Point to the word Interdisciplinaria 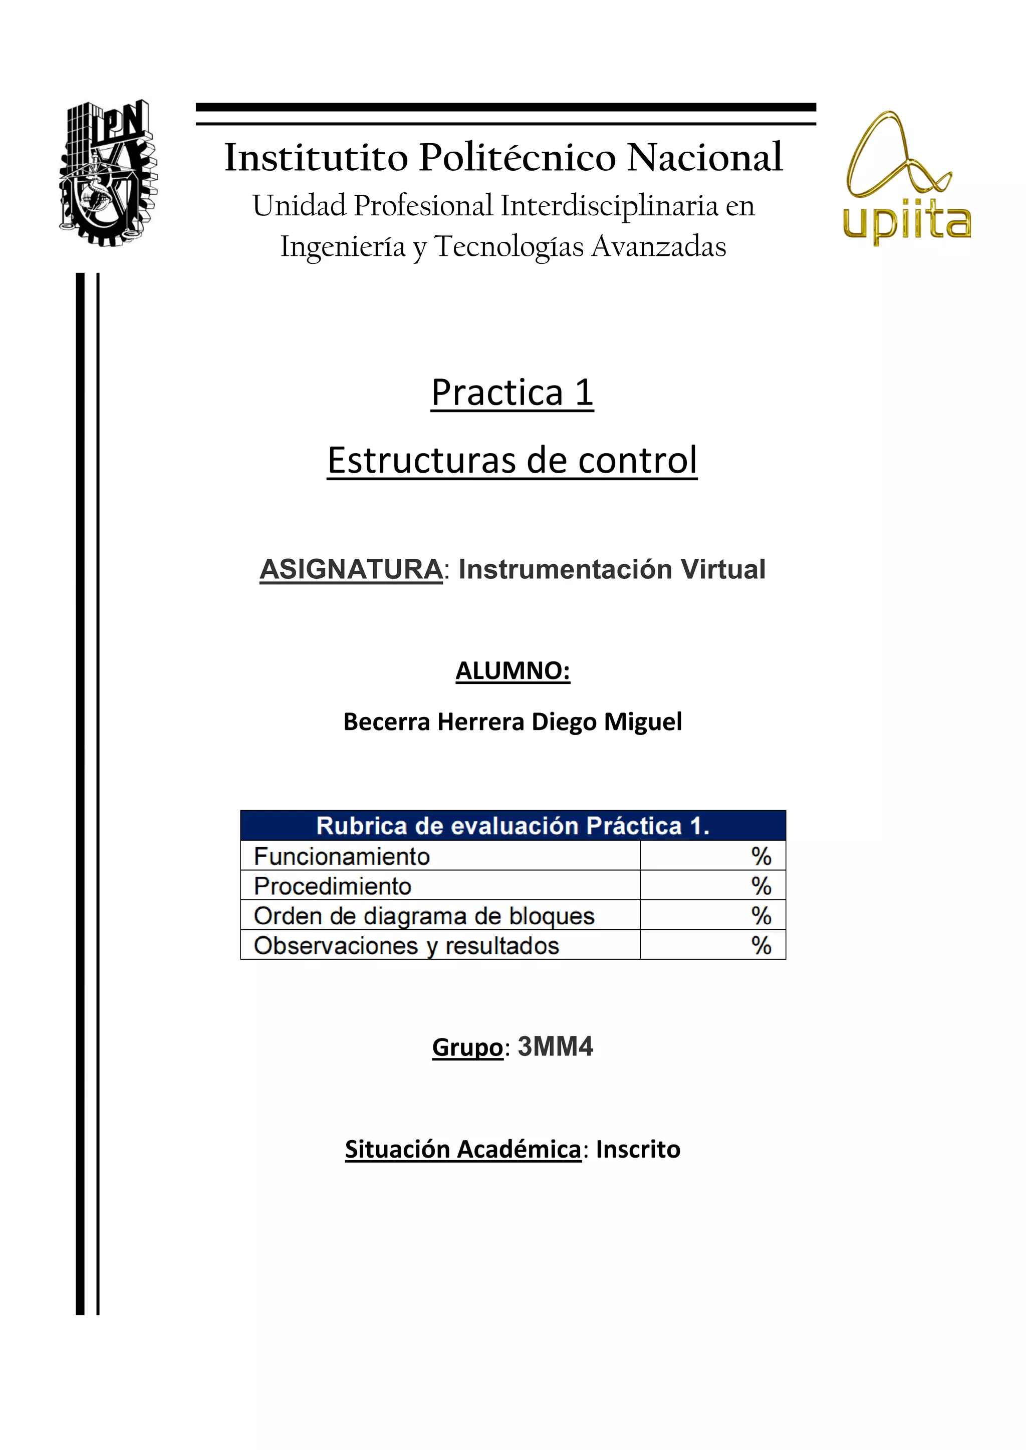point(609,206)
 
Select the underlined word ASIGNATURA point(351,570)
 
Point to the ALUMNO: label point(512,671)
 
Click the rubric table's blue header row point(512,826)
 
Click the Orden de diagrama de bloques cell point(424,916)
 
